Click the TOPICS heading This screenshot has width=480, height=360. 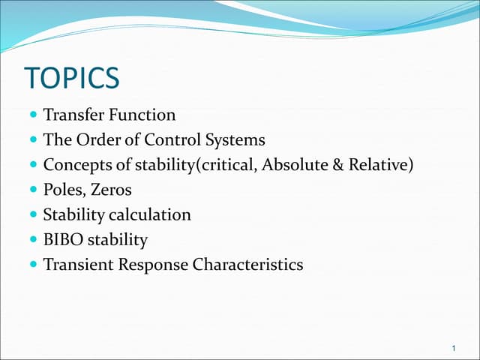pos(72,79)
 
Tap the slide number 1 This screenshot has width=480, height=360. pos(455,347)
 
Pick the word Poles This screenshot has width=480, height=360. pos(63,190)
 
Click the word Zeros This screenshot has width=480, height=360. pos(110,190)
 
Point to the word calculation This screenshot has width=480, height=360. pos(150,214)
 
